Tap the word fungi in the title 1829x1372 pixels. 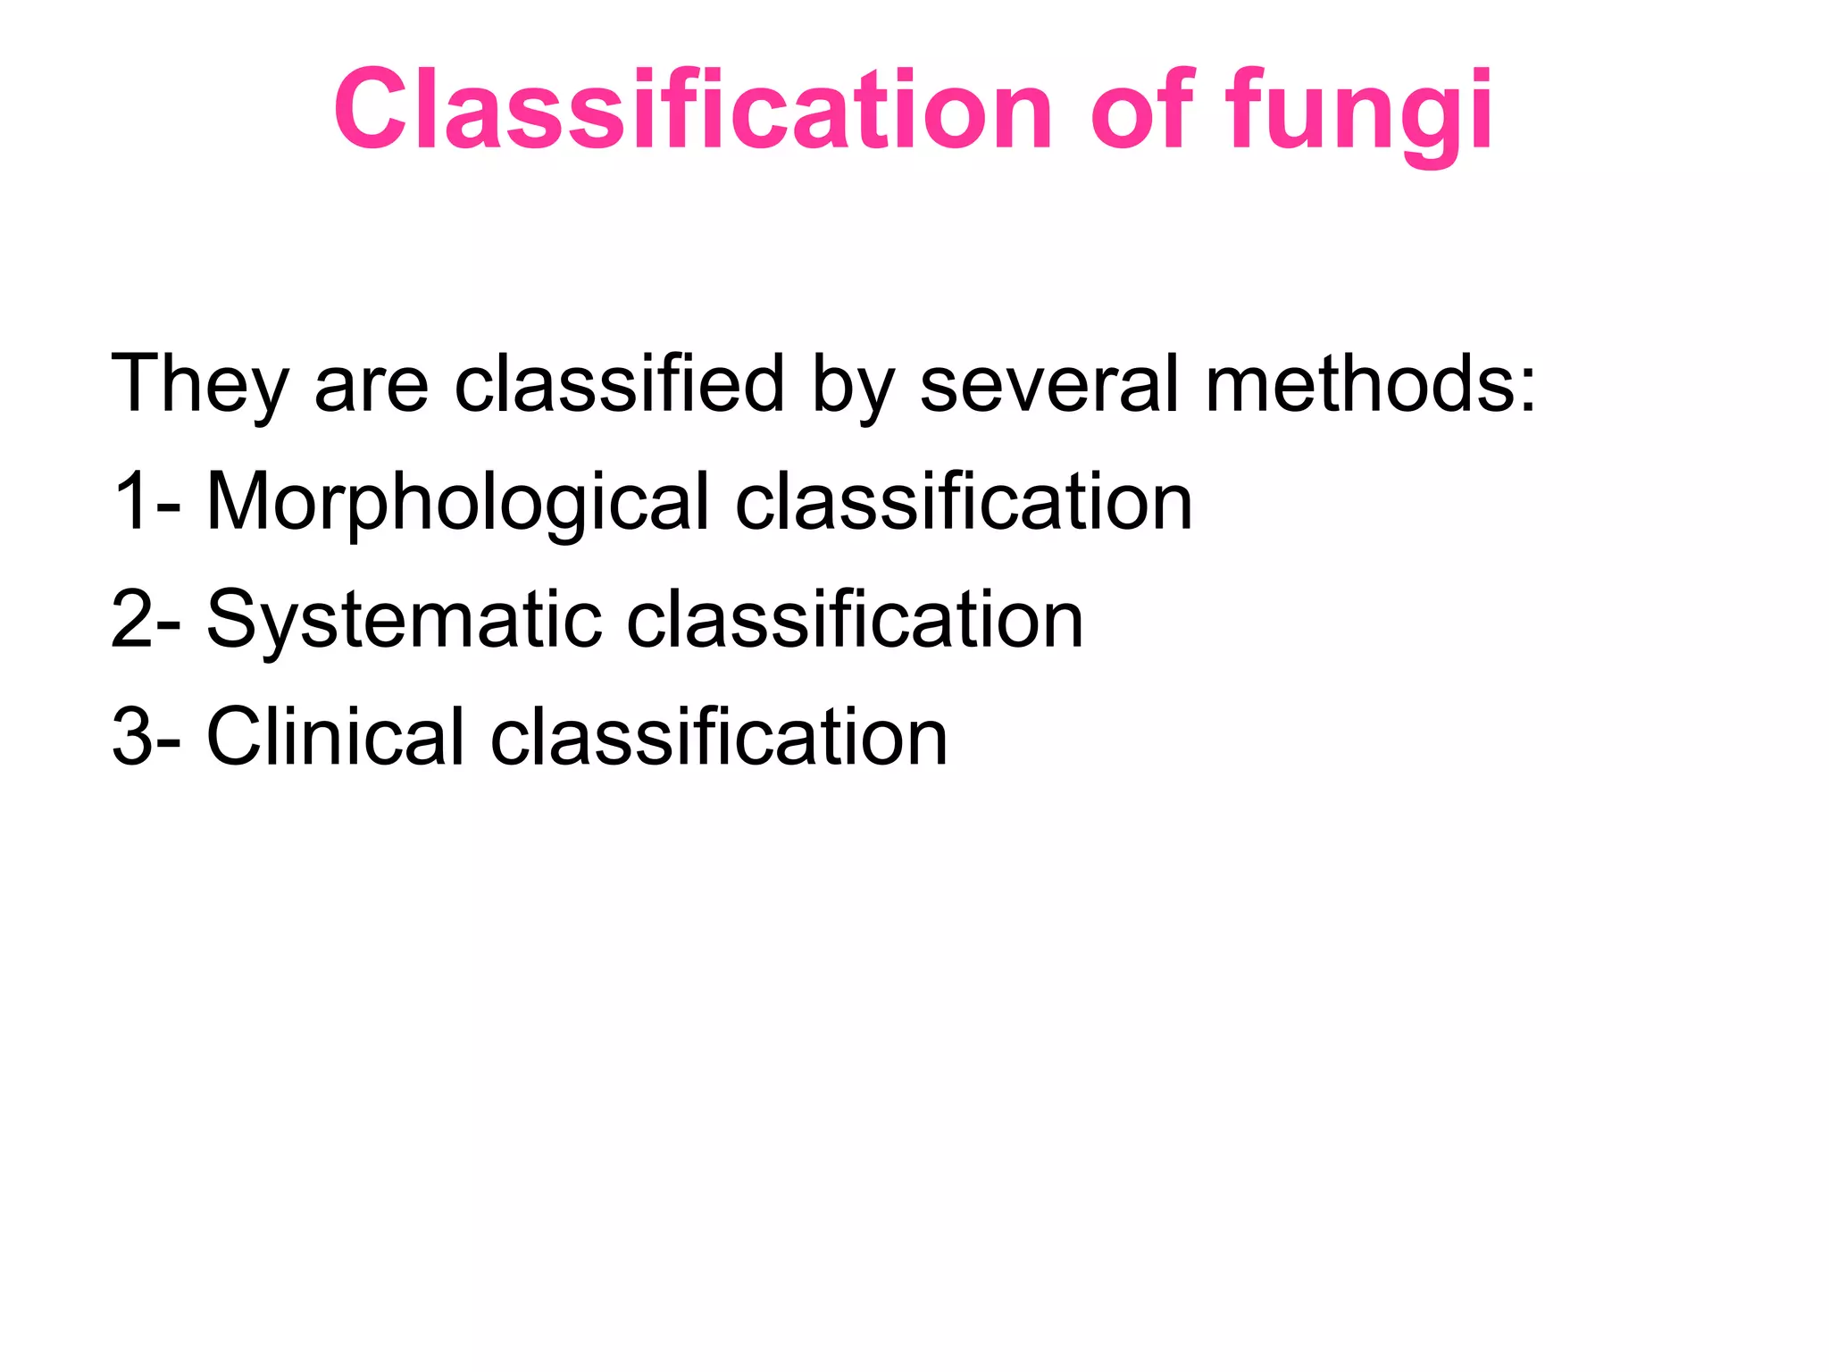tap(1357, 112)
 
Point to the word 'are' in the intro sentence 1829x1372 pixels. tap(372, 384)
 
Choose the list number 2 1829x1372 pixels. tap(131, 619)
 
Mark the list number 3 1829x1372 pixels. tap(131, 737)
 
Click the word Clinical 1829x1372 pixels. tap(336, 737)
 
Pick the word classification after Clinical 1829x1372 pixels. tap(719, 737)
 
